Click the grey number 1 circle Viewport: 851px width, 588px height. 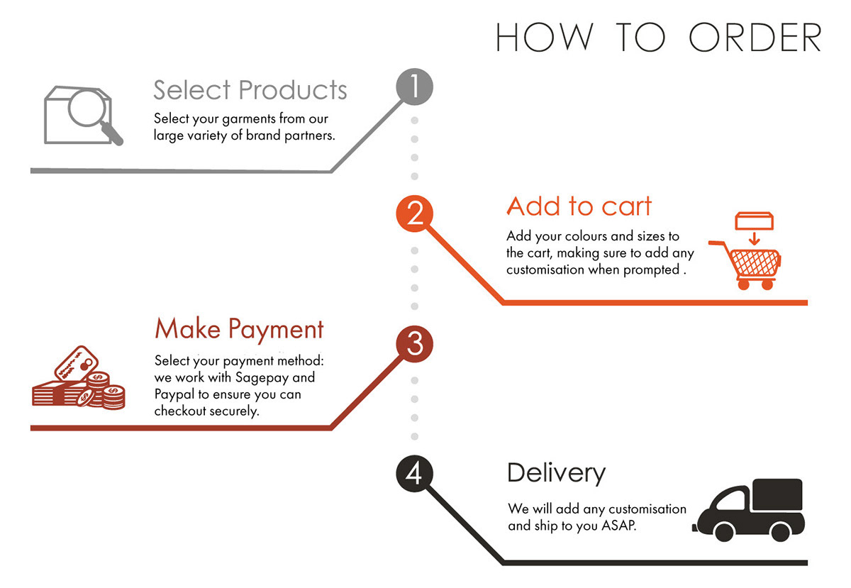413,88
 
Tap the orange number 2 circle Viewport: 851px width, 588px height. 415,213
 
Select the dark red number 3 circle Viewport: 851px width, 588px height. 415,344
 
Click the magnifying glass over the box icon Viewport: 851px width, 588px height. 91,111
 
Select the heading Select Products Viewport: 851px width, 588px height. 250,90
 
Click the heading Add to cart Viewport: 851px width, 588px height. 579,206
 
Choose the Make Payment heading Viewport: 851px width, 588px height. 239,329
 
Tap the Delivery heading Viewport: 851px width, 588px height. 556,472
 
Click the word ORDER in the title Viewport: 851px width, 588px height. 755,38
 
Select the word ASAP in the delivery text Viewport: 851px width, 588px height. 620,526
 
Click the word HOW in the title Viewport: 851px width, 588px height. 543,38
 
